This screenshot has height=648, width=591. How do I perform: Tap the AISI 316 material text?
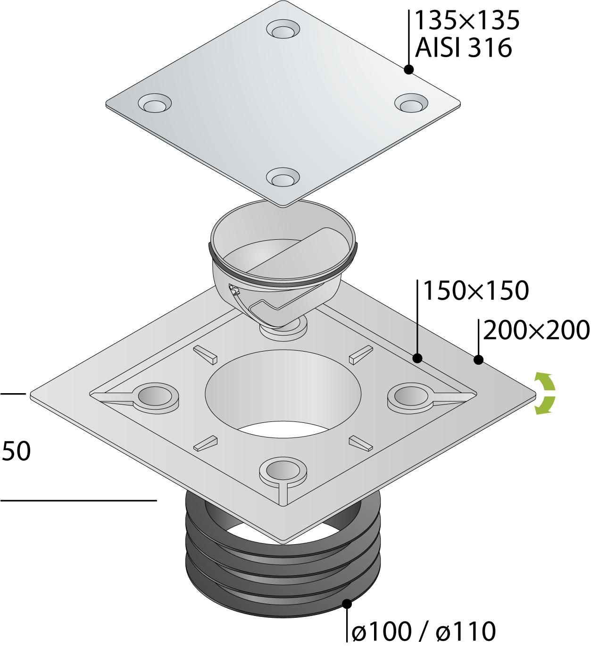(x=463, y=48)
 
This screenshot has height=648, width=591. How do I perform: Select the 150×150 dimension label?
(x=475, y=291)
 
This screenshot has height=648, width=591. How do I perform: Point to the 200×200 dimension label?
(x=536, y=330)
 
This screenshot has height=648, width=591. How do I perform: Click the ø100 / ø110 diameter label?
(x=424, y=631)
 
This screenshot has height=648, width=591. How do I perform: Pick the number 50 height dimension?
(x=17, y=451)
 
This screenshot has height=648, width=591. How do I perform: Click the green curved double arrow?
(x=544, y=393)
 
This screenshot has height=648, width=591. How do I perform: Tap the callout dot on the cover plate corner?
(x=409, y=69)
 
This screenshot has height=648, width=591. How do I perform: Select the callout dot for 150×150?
(x=417, y=358)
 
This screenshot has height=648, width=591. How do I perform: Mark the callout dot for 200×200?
(x=478, y=360)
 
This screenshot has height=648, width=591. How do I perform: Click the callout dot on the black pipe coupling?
(x=347, y=603)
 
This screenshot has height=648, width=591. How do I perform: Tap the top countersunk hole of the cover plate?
(x=283, y=30)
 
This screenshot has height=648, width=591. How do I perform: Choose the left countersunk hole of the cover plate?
(x=155, y=103)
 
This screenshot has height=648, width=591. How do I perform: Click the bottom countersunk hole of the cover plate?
(x=283, y=178)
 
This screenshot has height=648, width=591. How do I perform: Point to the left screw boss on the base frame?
(x=156, y=396)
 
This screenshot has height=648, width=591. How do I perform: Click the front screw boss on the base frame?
(x=283, y=470)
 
